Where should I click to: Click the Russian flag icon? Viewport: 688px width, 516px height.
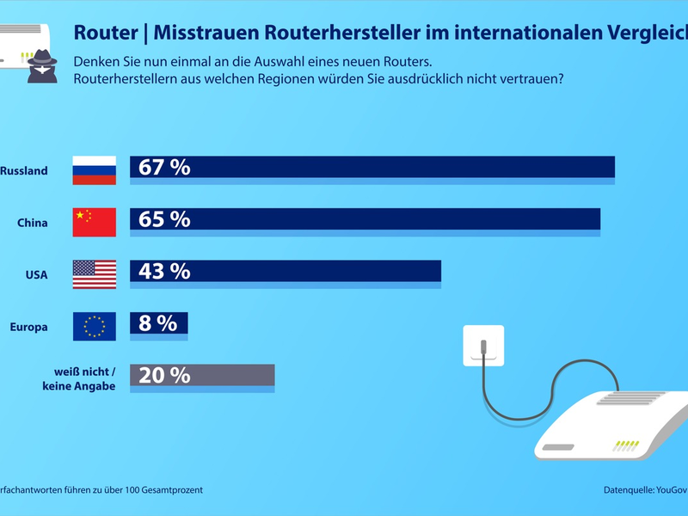coord(94,170)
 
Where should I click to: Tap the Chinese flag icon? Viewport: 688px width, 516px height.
coord(94,223)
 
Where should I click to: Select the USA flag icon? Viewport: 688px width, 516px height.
coord(94,274)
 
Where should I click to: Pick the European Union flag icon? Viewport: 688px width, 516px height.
coord(94,326)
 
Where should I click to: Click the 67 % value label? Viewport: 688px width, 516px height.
coord(163,168)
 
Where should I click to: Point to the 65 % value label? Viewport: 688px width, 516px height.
coord(163,219)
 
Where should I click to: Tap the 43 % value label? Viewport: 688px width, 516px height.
coord(163,272)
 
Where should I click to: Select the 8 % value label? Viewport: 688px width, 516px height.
coord(157,323)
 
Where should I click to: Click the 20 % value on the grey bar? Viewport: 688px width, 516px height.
coord(163,375)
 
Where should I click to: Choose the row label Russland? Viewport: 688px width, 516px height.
coord(23,171)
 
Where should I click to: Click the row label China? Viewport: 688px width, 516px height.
coord(32,223)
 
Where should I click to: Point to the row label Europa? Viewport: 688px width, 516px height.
coord(28,327)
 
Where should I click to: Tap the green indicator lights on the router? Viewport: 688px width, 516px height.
coord(626,445)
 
